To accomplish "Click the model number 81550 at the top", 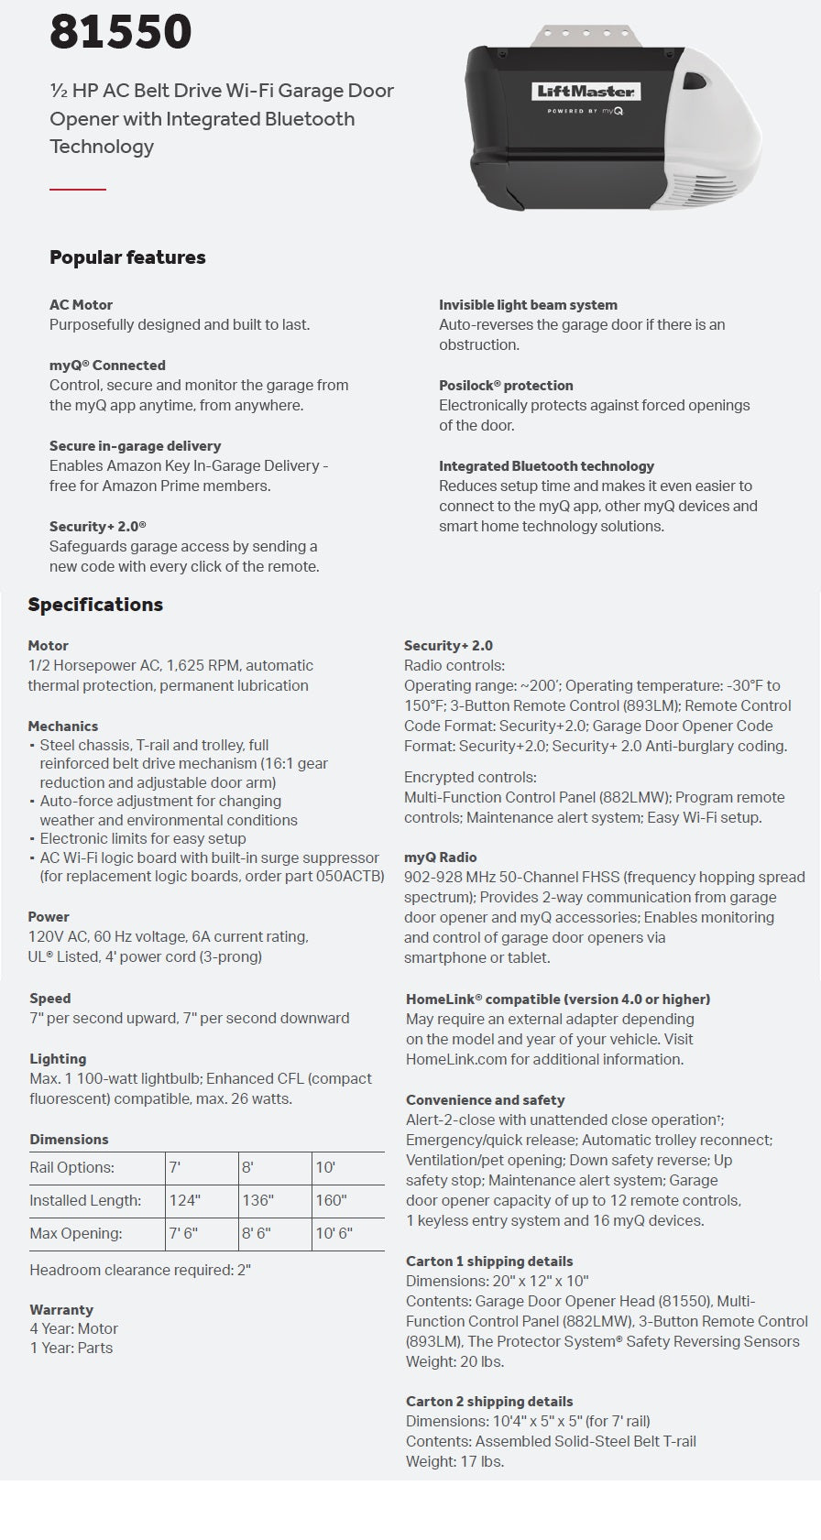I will [x=120, y=31].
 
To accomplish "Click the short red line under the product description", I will [x=78, y=189].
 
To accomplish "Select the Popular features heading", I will [x=127, y=257].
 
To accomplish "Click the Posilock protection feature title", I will [x=506, y=386].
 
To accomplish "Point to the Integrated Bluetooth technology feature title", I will [x=546, y=466].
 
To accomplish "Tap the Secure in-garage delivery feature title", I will [x=135, y=446].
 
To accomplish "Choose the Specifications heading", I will [x=95, y=605].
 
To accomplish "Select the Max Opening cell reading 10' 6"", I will [x=334, y=1233].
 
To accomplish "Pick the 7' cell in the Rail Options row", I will [x=175, y=1167].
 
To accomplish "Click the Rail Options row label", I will [x=71, y=1167].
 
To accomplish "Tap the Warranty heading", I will [x=61, y=1310].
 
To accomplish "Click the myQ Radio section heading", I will [x=440, y=857].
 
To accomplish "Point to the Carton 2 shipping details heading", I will [x=489, y=1402].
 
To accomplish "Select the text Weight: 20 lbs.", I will [x=455, y=1361].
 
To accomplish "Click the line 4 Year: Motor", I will [x=73, y=1328].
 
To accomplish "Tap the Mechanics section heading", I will [x=62, y=726].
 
